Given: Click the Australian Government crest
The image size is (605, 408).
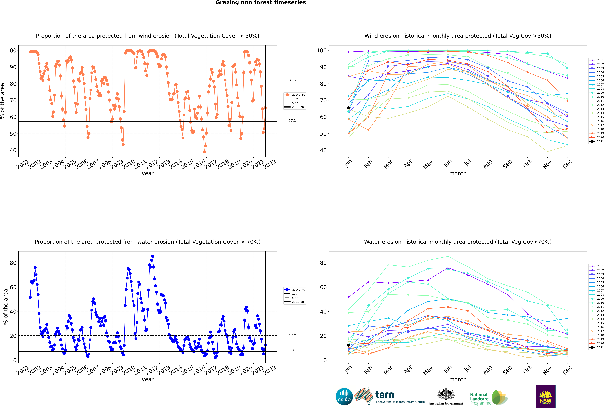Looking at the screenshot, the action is [446, 397].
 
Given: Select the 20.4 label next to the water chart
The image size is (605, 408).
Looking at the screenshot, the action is [292, 334].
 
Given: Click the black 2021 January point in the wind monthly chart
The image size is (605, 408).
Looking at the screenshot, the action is [349, 108].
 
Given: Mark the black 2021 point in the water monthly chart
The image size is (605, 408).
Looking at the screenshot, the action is [349, 345].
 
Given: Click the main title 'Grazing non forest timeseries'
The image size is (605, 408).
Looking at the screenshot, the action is [261, 3].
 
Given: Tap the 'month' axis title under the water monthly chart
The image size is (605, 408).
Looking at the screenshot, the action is [458, 379].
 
